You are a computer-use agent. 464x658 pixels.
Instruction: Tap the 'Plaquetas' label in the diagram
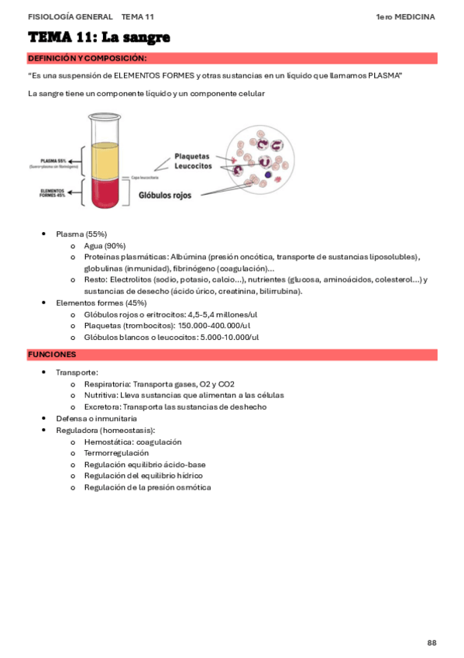click(191, 156)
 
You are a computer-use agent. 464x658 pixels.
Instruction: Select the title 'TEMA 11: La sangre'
click(98, 38)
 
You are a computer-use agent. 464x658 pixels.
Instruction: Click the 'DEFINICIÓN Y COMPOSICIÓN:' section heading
click(87, 59)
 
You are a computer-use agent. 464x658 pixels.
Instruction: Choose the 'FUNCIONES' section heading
click(51, 355)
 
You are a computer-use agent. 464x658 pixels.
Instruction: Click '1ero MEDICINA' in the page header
click(405, 16)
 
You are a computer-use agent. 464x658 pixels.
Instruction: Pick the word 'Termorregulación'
click(116, 452)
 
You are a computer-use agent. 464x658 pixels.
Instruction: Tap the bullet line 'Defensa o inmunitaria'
click(96, 418)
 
